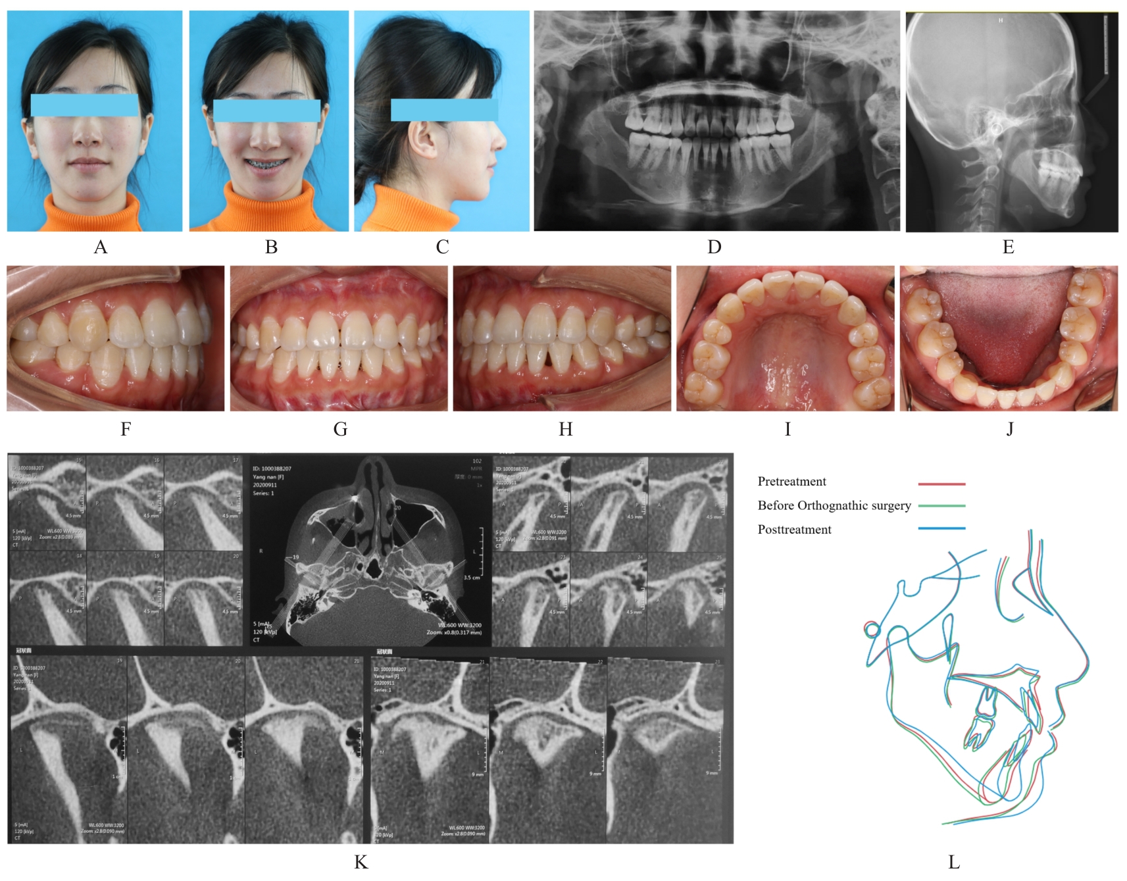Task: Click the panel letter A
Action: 101,247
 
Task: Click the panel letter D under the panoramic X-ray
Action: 714,247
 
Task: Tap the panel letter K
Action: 361,862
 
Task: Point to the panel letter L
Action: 953,862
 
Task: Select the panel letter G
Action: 340,429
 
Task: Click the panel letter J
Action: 1010,429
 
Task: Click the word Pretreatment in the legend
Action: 791,482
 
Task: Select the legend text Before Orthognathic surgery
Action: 834,505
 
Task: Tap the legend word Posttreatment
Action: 794,530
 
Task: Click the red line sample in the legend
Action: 941,484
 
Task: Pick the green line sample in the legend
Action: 941,506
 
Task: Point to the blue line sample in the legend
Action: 941,528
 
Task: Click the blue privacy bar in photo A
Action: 84,105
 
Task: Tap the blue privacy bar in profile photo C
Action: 444,110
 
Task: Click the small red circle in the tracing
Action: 872,630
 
